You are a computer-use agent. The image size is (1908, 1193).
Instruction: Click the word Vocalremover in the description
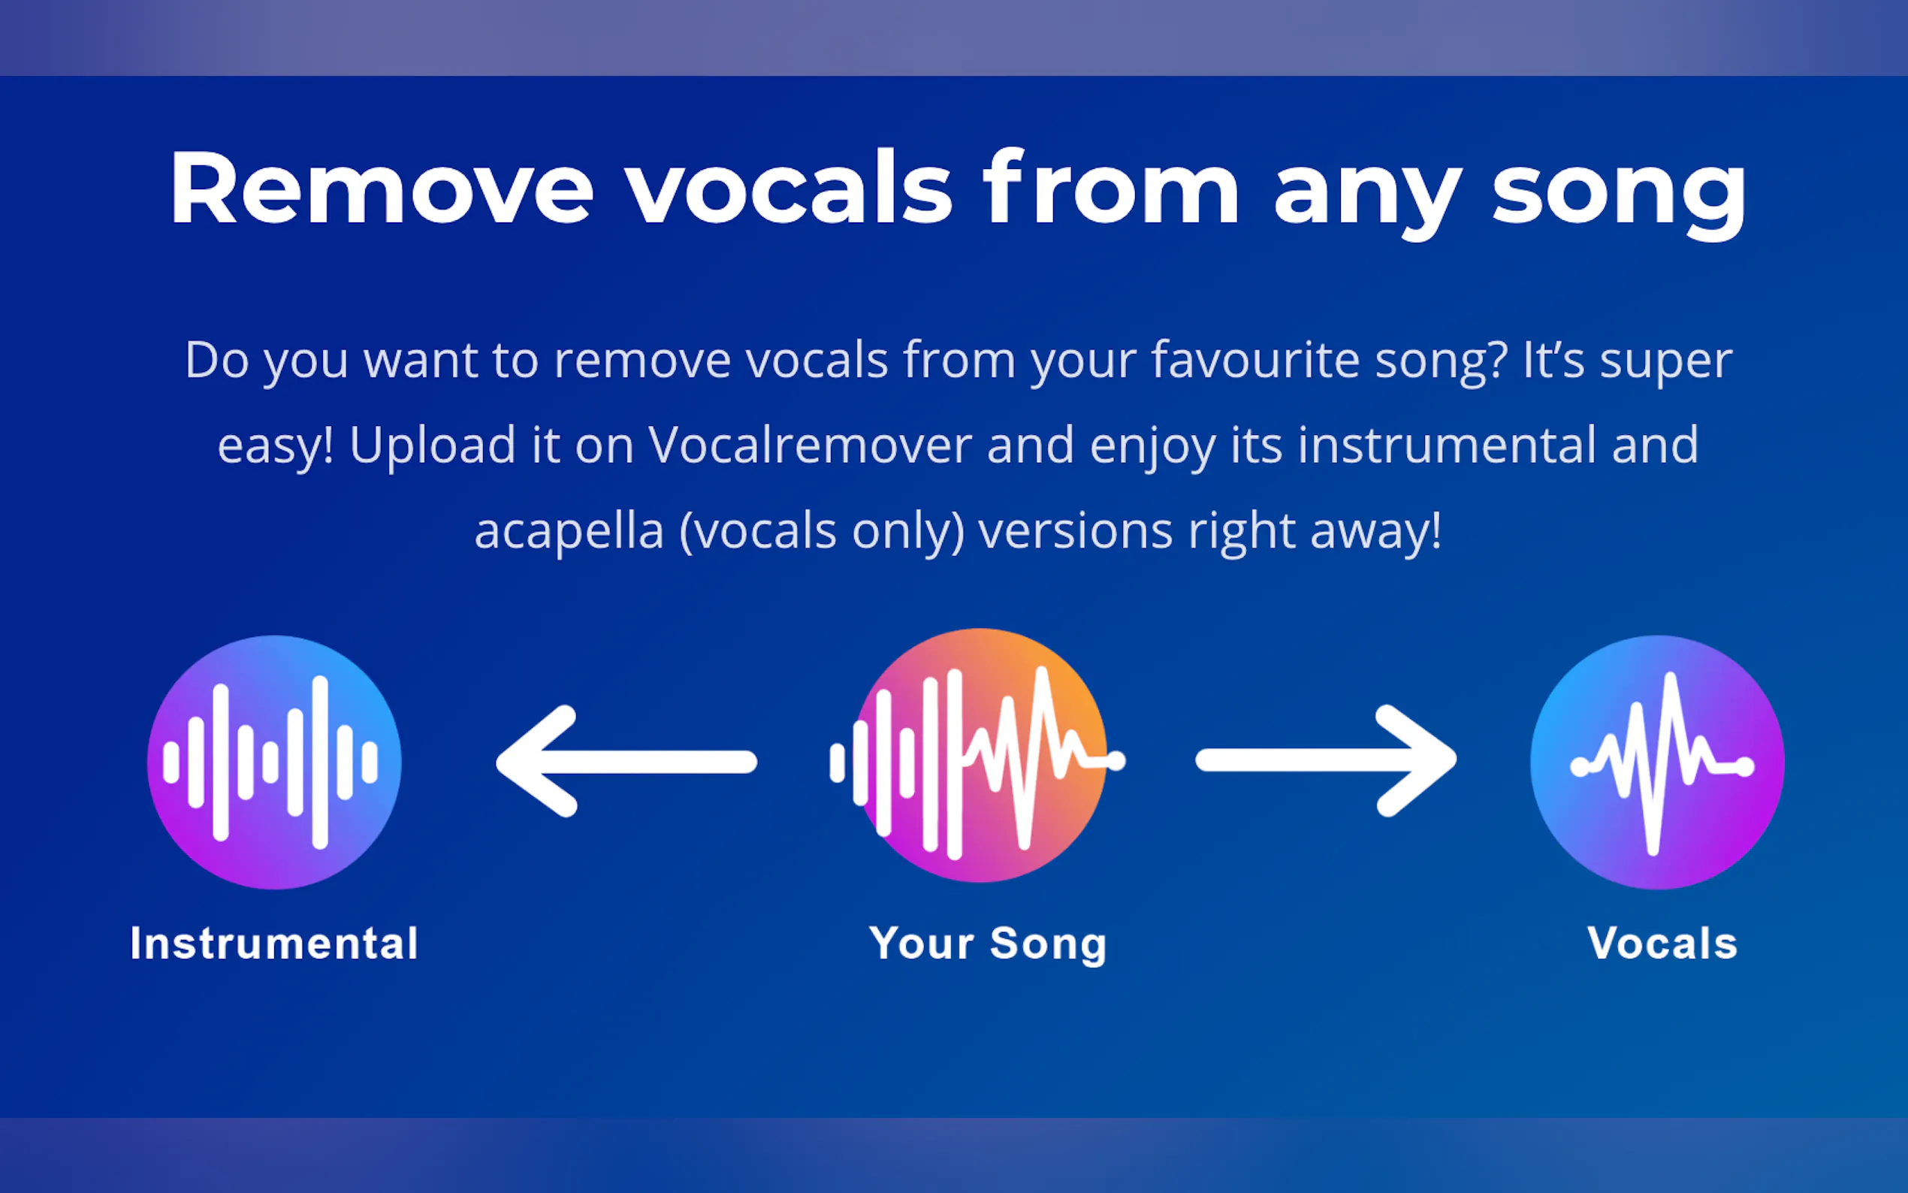click(809, 444)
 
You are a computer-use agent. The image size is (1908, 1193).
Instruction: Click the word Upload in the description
click(433, 445)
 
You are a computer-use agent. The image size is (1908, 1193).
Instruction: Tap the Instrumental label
click(273, 943)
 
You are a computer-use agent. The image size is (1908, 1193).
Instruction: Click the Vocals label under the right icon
click(1662, 943)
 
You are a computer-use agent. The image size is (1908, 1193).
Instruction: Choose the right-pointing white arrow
click(1326, 760)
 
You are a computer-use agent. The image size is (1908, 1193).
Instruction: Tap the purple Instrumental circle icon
click(273, 763)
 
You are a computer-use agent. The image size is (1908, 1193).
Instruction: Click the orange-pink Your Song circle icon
click(980, 756)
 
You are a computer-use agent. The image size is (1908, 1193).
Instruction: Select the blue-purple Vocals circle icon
click(1657, 763)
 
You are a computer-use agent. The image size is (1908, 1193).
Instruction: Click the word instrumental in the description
click(1447, 444)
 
